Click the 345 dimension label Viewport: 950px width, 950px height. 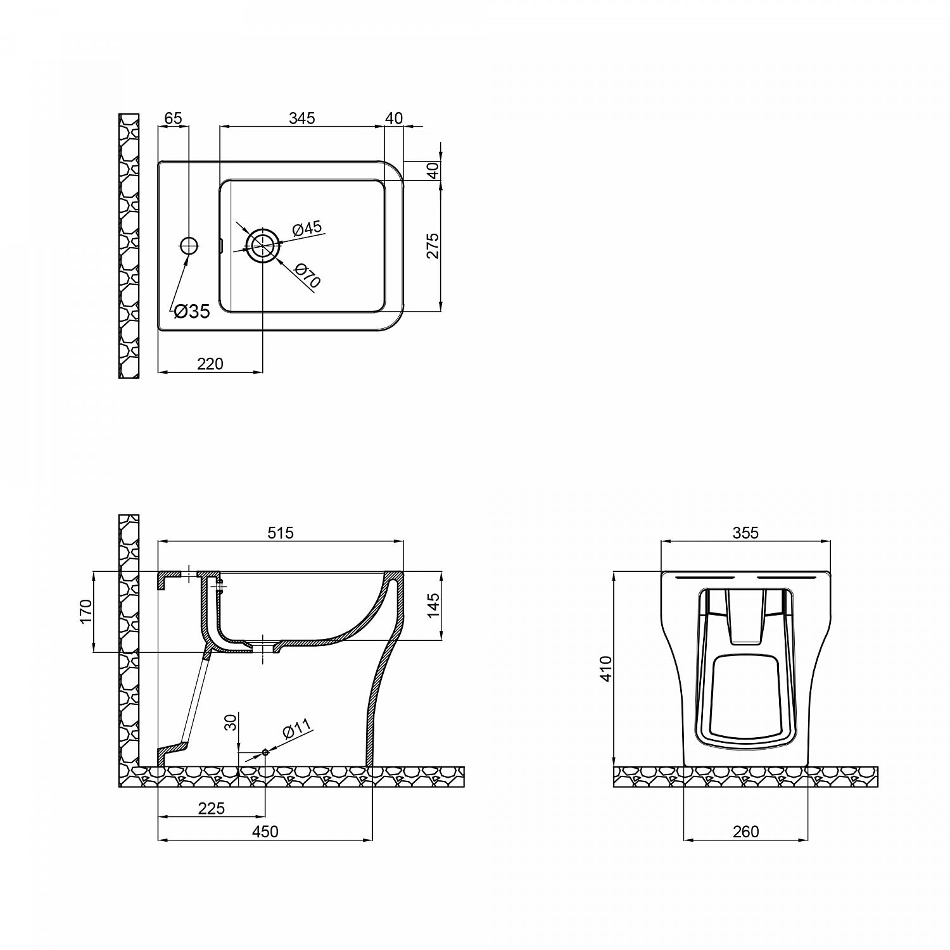click(x=301, y=118)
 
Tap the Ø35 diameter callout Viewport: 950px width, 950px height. click(x=191, y=312)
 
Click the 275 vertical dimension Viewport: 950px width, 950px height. click(x=433, y=246)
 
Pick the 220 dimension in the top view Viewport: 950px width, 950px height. click(x=210, y=364)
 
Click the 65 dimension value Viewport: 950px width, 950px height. click(x=173, y=118)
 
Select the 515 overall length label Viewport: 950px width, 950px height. click(x=280, y=533)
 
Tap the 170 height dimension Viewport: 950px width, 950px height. click(x=86, y=612)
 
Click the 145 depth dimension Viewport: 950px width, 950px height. click(x=433, y=606)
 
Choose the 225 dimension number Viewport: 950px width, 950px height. click(x=211, y=809)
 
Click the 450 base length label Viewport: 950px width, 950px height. click(x=265, y=832)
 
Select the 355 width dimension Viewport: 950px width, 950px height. click(x=745, y=533)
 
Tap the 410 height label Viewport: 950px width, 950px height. click(x=606, y=668)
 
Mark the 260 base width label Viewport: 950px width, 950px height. click(x=745, y=832)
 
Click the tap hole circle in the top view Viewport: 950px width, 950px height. click(x=189, y=245)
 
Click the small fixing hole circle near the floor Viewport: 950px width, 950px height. click(x=265, y=752)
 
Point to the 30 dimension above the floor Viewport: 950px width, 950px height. click(x=231, y=722)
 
